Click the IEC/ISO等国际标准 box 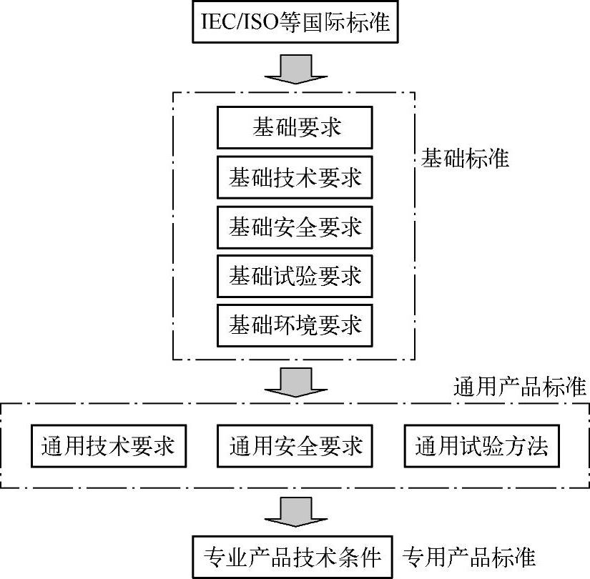[x=295, y=23]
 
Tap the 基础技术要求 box [x=295, y=177]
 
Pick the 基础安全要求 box [x=295, y=227]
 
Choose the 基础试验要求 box [x=295, y=275]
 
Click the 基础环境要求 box [x=295, y=325]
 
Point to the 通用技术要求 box [x=108, y=447]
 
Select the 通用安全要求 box [x=295, y=447]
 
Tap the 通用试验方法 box [x=481, y=447]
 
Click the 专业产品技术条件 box [x=294, y=556]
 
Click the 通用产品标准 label [x=521, y=387]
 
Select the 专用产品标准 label [x=469, y=556]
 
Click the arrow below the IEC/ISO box [x=295, y=69]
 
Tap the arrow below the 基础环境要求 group [x=295, y=382]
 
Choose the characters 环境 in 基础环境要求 [x=295, y=325]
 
